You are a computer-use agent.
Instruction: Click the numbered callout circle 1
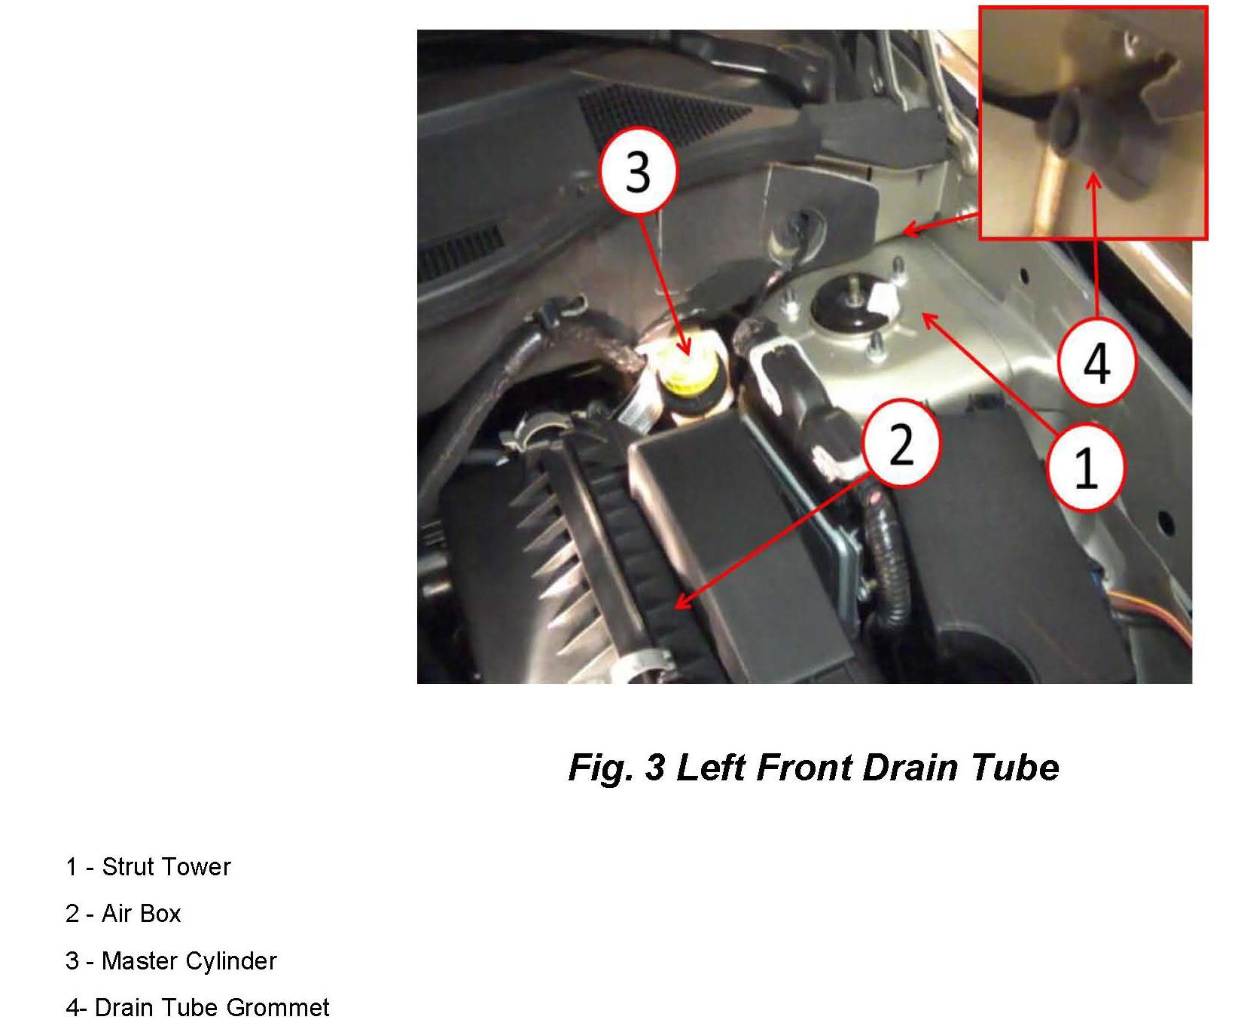[1086, 466]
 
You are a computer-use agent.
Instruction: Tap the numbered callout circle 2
[901, 443]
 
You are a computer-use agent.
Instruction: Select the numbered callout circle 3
[639, 171]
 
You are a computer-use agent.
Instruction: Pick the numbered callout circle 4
[1096, 363]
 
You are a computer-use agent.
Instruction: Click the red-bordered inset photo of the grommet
[1093, 123]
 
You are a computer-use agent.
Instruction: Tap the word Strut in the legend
[127, 866]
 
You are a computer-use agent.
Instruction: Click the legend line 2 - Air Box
[123, 913]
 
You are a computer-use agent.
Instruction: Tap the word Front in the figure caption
[804, 767]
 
